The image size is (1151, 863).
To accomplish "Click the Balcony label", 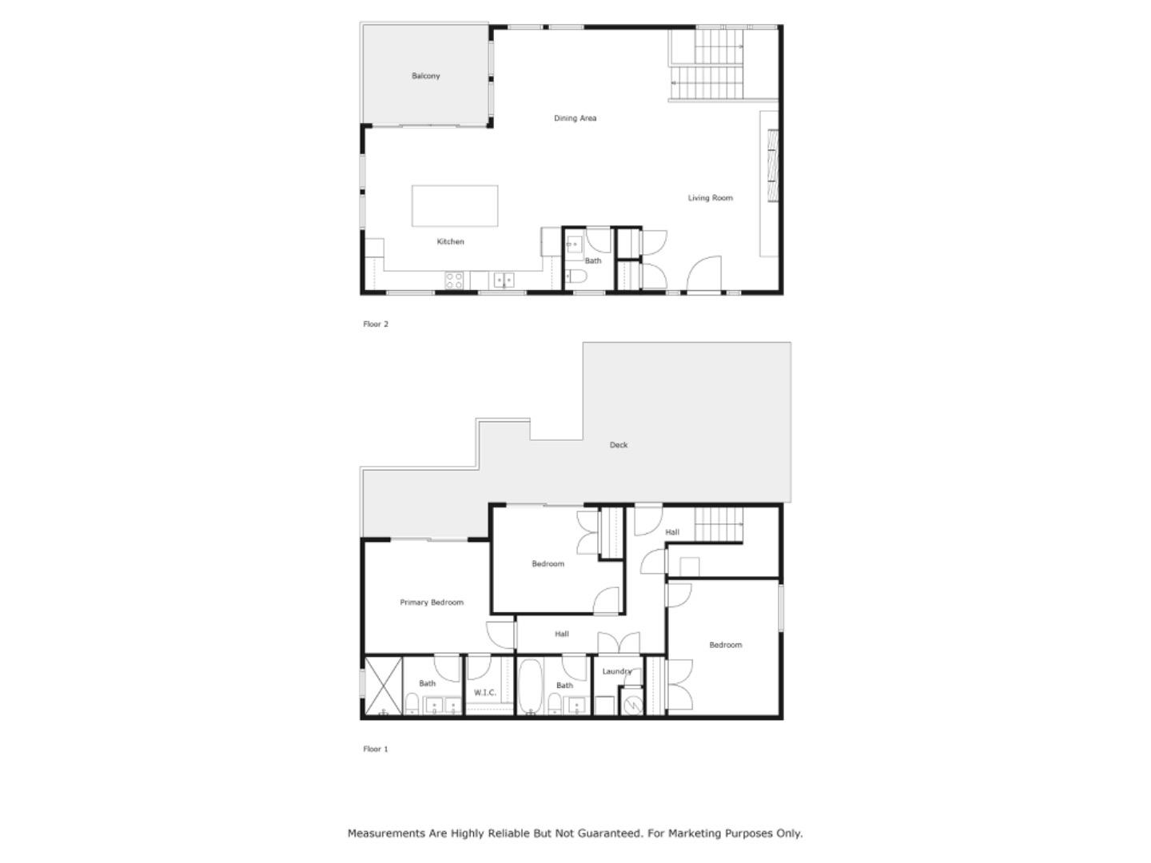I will (425, 76).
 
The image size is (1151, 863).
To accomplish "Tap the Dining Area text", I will (575, 118).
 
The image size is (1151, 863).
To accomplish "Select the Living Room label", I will (710, 198).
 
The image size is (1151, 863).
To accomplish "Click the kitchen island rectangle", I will (455, 206).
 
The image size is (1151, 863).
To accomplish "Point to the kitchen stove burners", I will (454, 280).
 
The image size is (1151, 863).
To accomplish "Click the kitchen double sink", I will (504, 280).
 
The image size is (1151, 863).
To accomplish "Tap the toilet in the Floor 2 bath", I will (576, 277).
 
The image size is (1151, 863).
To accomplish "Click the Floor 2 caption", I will (376, 324).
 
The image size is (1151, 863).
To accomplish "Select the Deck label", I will (619, 445).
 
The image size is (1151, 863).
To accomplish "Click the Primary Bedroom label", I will (432, 603).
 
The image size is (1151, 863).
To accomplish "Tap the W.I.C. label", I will (485, 693).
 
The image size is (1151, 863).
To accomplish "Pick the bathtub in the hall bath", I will (529, 686).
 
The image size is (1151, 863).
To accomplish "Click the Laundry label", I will (617, 672).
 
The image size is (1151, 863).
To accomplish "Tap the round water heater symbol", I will (633, 705).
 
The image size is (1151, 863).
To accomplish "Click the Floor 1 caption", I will (376, 750).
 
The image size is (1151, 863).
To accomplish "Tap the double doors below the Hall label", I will (619, 642).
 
